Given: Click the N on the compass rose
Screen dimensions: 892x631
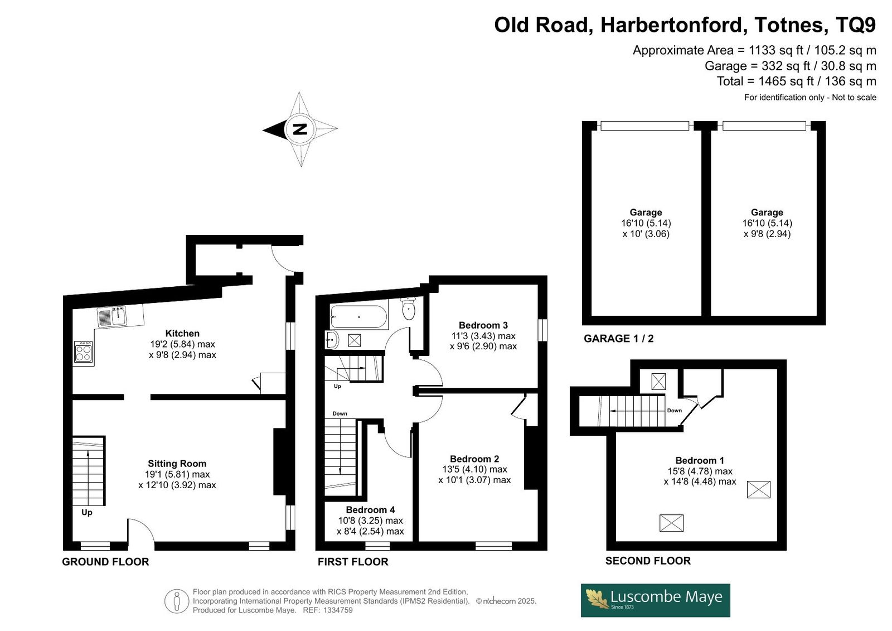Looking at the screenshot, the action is [300, 129].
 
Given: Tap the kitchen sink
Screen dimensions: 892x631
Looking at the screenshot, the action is [112, 316].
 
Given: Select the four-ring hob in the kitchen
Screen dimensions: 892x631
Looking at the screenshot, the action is [83, 351].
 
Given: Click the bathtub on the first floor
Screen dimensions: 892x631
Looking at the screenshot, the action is [359, 316].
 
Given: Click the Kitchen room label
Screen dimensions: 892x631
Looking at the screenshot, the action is [182, 333].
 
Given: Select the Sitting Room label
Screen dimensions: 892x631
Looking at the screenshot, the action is [177, 464].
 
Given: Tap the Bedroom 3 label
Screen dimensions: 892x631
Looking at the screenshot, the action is [483, 325].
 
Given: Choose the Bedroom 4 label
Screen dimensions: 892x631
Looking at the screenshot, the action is [370, 510].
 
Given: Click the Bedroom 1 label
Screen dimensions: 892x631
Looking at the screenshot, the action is [700, 460].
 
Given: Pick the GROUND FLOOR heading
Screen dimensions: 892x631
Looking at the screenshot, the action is [105, 562].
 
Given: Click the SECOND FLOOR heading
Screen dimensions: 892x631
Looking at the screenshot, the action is [648, 561].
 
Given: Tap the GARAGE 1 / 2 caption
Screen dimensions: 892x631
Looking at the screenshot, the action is [619, 339].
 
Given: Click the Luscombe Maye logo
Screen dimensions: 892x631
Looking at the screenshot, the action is [656, 600].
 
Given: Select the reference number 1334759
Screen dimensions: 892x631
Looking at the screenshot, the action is [338, 610].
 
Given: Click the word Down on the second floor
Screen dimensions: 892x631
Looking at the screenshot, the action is [675, 411].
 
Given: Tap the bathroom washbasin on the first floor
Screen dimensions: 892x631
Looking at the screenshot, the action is [332, 340].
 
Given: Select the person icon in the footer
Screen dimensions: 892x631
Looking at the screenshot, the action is [176, 601].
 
